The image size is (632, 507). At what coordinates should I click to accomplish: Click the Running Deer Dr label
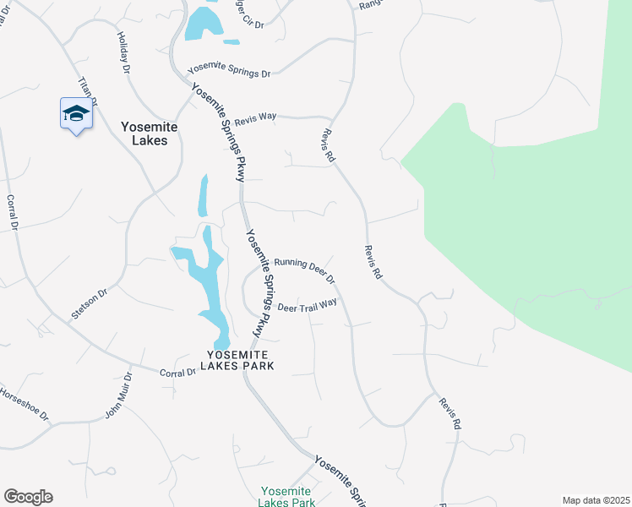[304, 269]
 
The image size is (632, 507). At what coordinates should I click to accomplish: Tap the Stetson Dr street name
[90, 304]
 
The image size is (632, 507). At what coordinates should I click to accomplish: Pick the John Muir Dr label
[119, 395]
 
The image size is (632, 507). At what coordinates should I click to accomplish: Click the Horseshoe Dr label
[25, 405]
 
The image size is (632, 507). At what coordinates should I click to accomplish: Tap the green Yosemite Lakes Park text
[286, 497]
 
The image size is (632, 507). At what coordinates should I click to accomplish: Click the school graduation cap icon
[75, 113]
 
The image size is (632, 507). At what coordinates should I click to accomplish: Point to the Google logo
[28, 497]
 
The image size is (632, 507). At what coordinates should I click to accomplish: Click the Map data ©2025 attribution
[596, 500]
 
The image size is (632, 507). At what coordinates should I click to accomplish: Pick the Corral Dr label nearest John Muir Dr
[178, 372]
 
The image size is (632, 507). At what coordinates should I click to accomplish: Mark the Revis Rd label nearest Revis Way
[328, 146]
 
